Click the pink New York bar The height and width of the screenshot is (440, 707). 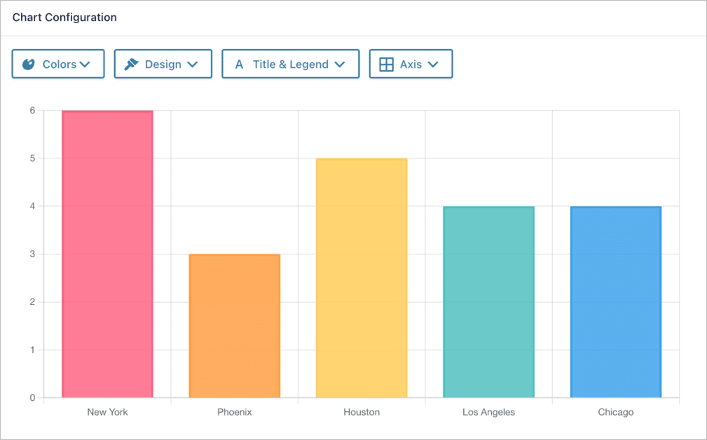click(107, 254)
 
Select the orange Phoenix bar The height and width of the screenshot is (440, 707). click(235, 326)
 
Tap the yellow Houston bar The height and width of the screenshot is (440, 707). click(362, 278)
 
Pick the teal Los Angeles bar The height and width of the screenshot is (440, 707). click(488, 302)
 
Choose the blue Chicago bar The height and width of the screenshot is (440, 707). click(616, 302)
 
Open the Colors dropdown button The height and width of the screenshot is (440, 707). click(58, 64)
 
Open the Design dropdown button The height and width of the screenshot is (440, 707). click(163, 64)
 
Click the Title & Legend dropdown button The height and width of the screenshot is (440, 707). click(291, 64)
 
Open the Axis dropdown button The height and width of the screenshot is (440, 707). click(411, 64)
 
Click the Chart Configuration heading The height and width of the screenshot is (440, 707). click(64, 18)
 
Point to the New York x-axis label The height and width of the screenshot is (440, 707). click(107, 412)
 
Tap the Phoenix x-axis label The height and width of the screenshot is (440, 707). click(235, 412)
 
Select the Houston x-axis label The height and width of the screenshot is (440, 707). click(362, 412)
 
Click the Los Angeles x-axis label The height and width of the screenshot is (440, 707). click(488, 412)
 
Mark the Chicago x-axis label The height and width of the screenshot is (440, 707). click(616, 412)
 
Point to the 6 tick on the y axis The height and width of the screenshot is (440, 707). click(32, 111)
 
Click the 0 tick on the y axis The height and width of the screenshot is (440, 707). click(32, 398)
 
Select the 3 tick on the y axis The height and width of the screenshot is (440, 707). click(32, 254)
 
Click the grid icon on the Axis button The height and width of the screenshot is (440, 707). click(386, 64)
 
